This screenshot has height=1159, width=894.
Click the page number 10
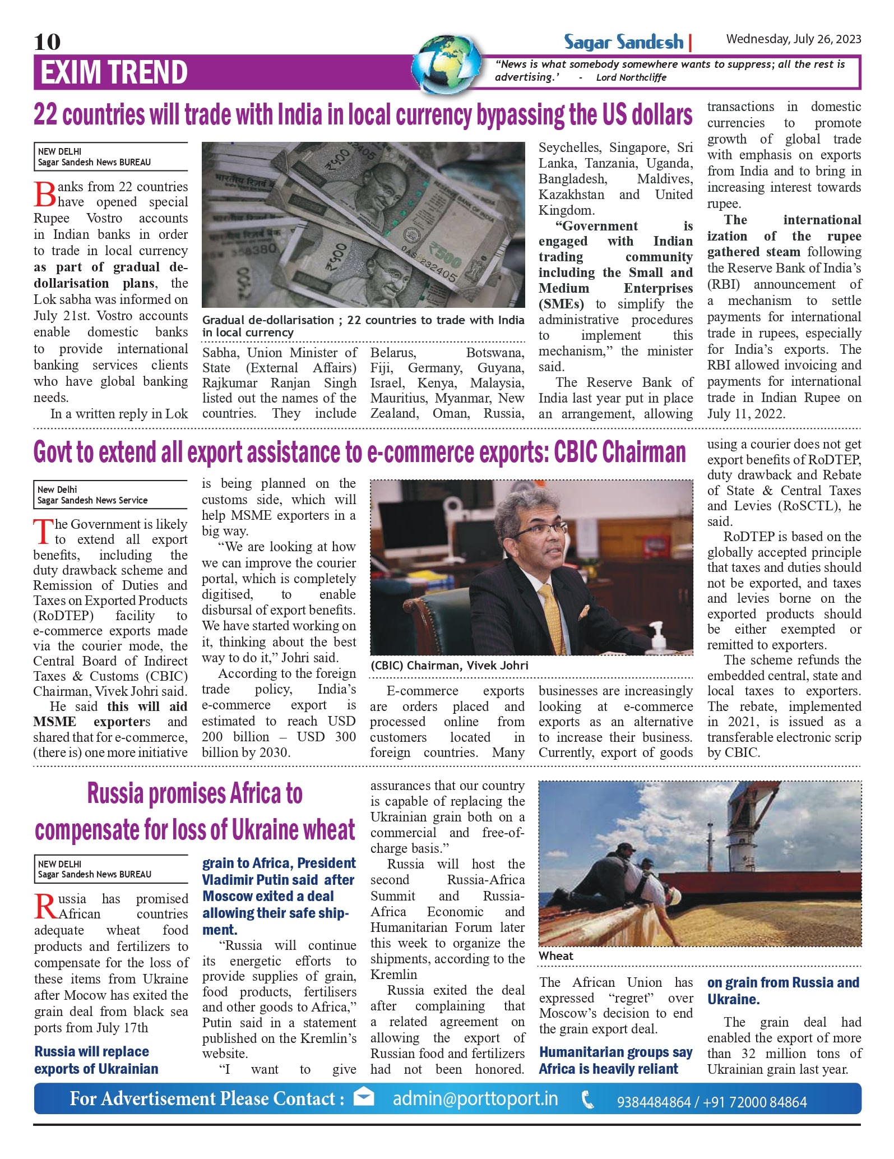(47, 41)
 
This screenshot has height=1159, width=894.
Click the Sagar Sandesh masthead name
(624, 42)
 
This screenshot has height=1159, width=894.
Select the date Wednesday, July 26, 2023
(793, 39)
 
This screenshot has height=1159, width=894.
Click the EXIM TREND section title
(114, 72)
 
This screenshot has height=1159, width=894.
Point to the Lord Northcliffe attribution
(631, 77)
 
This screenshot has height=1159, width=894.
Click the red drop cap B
(45, 195)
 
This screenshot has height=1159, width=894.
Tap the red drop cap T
(43, 532)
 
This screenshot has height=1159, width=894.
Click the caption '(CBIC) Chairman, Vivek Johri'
(449, 666)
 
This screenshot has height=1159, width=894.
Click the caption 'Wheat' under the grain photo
(556, 956)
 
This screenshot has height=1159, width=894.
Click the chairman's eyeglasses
(540, 530)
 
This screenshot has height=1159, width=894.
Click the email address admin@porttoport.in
(475, 1098)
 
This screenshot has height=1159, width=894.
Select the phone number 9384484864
(653, 1102)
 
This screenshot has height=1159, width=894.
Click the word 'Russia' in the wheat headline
(116, 793)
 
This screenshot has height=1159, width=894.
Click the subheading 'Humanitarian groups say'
(615, 1052)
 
